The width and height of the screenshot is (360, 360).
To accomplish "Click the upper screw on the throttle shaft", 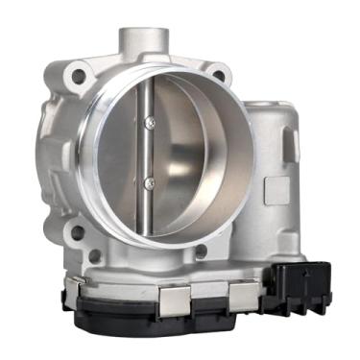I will pyautogui.click(x=148, y=122).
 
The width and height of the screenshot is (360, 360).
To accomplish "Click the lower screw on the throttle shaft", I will pyautogui.click(x=148, y=181).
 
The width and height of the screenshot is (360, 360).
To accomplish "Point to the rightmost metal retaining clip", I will pyautogui.click(x=244, y=292).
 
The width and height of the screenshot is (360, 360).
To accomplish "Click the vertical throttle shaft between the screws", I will pyautogui.click(x=146, y=152).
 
